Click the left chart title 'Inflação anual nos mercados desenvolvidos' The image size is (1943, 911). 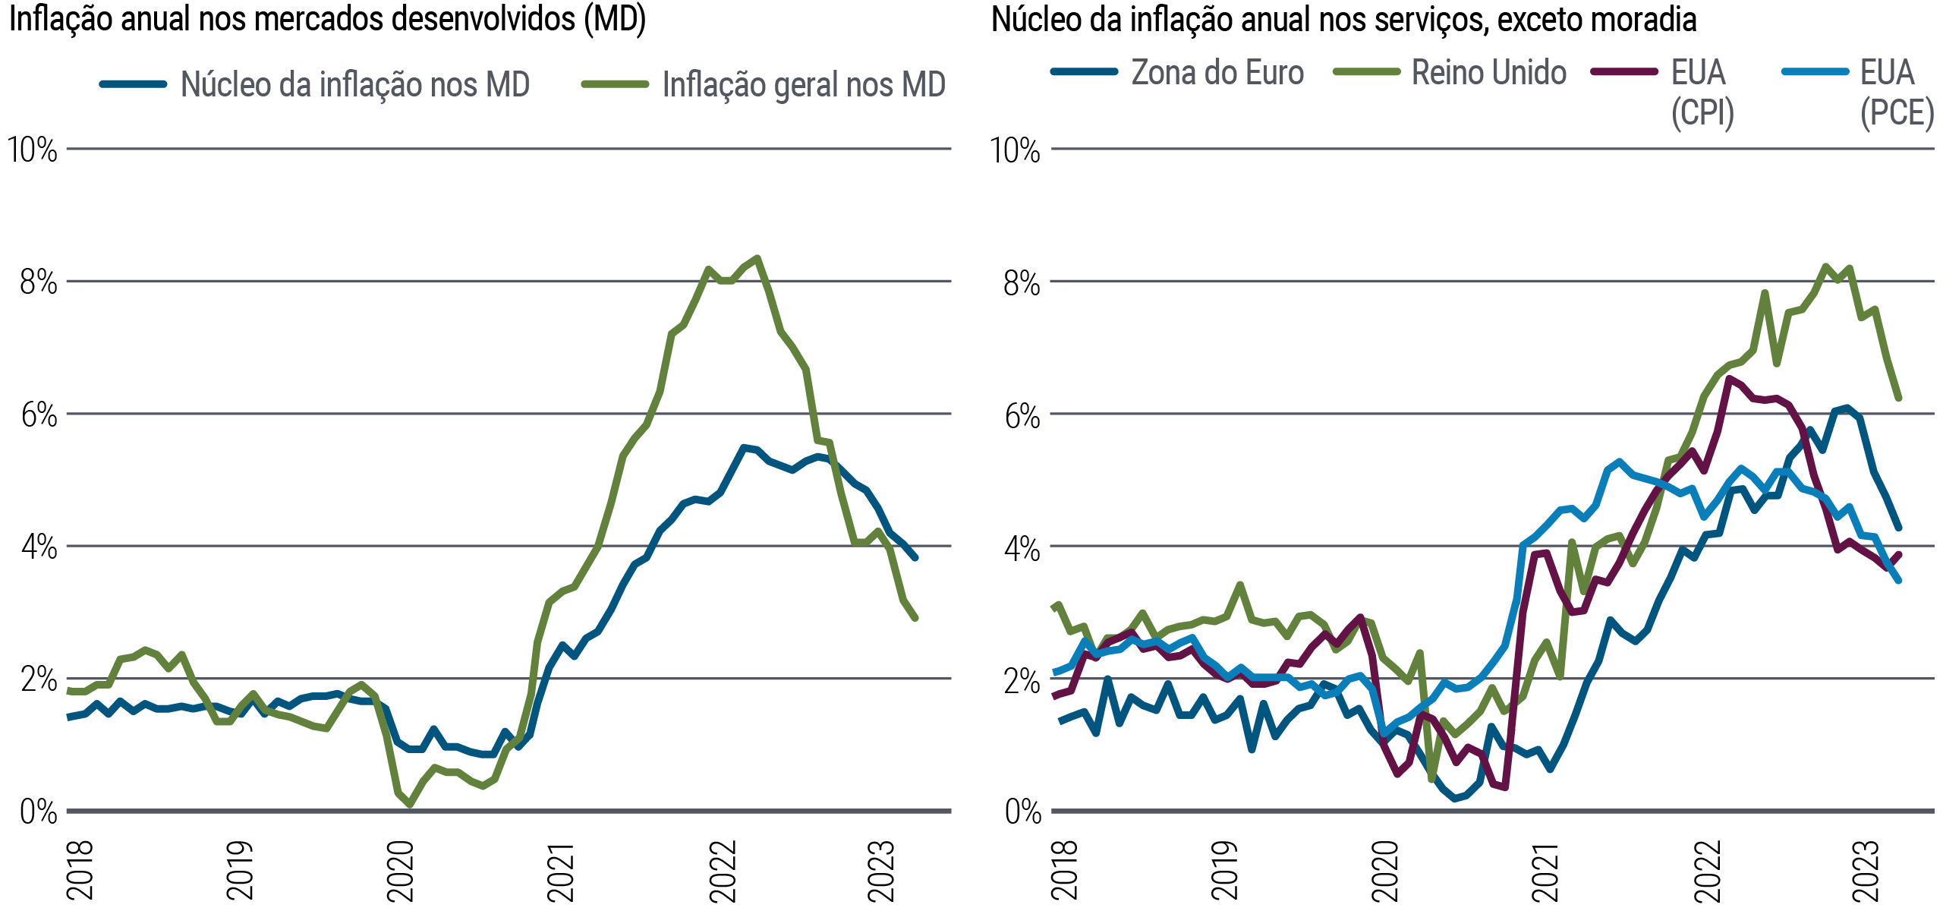[x=326, y=20]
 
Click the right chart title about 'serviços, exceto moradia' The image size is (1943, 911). [x=1343, y=20]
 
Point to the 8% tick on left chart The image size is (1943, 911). [x=38, y=282]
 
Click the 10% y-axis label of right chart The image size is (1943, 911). [x=1015, y=150]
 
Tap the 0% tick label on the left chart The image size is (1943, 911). [x=38, y=812]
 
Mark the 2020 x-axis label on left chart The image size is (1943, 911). [x=401, y=871]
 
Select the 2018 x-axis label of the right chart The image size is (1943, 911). [x=1064, y=871]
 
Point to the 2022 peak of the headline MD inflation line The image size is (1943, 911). [x=757, y=258]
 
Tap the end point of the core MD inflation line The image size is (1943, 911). [x=916, y=558]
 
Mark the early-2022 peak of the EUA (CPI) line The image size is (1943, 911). [x=1728, y=377]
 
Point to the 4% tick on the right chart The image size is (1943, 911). [x=1022, y=548]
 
